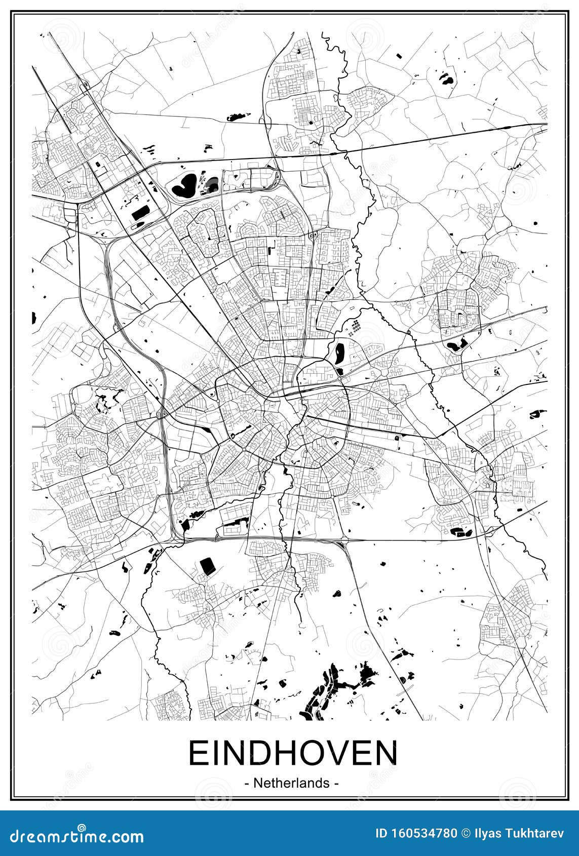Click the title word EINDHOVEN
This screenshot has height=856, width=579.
pyautogui.click(x=293, y=754)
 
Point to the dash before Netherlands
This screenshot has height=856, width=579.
pyautogui.click(x=247, y=784)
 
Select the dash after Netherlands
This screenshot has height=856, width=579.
pyautogui.click(x=336, y=784)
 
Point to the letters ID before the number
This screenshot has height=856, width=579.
pyautogui.click(x=381, y=833)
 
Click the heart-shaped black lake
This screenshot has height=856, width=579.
pyautogui.click(x=185, y=185)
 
